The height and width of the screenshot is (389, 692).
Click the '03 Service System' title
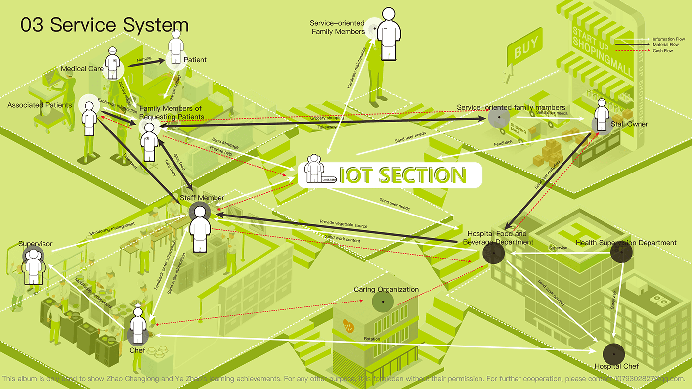tap(104, 25)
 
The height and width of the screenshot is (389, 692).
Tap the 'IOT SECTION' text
tap(402, 175)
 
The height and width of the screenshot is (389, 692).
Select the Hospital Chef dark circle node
tap(613, 353)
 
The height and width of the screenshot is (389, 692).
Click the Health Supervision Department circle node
tap(621, 253)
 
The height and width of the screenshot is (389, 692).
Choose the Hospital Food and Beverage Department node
tap(493, 254)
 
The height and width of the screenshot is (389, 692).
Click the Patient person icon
tap(176, 48)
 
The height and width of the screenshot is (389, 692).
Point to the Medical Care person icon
tap(113, 64)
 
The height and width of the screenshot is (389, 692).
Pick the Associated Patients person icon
tap(89, 119)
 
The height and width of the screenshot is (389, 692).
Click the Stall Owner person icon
tap(602, 116)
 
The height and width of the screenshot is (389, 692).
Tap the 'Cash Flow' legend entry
tap(663, 51)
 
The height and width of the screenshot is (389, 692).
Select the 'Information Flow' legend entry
tap(669, 39)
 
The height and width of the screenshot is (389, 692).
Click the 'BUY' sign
tap(525, 49)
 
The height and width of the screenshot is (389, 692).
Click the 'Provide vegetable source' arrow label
tap(344, 224)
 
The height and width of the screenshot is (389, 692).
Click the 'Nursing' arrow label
tap(144, 59)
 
